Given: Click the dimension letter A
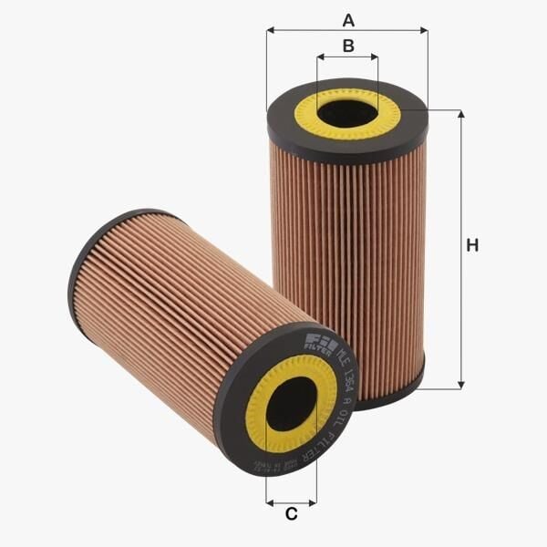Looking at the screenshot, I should (x=346, y=19).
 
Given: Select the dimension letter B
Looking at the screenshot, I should (x=347, y=46).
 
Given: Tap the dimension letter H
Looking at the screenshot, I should (x=471, y=245).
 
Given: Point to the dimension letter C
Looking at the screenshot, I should (x=291, y=514).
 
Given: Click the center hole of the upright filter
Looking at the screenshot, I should (x=347, y=113).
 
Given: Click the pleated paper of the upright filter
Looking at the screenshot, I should (x=346, y=264).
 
